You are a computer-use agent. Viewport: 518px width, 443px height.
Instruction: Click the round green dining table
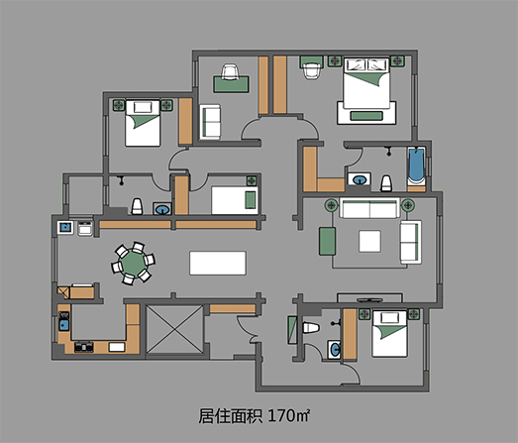coord(133,263)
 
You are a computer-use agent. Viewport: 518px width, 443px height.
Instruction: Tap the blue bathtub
coord(416,166)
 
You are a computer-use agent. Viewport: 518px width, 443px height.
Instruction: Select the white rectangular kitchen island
coord(218,263)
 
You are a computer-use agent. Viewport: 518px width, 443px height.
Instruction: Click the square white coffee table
coord(369,241)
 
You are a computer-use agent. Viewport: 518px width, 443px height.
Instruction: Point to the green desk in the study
coord(231,84)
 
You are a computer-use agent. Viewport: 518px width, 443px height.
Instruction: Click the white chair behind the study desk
coord(230,71)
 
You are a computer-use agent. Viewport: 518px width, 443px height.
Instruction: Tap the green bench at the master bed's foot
coord(366,116)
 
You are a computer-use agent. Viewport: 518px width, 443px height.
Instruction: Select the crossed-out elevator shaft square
coord(174,330)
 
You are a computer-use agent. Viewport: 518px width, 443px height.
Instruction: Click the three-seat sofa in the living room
coord(369,208)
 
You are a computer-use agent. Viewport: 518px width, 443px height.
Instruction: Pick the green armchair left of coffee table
coord(327,241)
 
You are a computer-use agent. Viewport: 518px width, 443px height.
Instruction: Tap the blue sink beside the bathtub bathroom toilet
coord(360,179)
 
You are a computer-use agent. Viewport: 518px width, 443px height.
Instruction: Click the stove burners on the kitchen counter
coord(84,347)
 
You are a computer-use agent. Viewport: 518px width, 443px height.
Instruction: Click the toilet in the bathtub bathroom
coord(386,183)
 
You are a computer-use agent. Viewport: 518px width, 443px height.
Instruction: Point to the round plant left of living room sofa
coord(332,205)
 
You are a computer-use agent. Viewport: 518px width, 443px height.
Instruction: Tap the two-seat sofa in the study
coord(210,122)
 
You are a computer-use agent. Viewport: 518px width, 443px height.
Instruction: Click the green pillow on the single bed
coord(250,200)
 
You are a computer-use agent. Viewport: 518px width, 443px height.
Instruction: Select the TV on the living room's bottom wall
coord(369,300)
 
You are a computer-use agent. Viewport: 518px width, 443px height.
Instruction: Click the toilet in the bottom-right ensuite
coord(311,328)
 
